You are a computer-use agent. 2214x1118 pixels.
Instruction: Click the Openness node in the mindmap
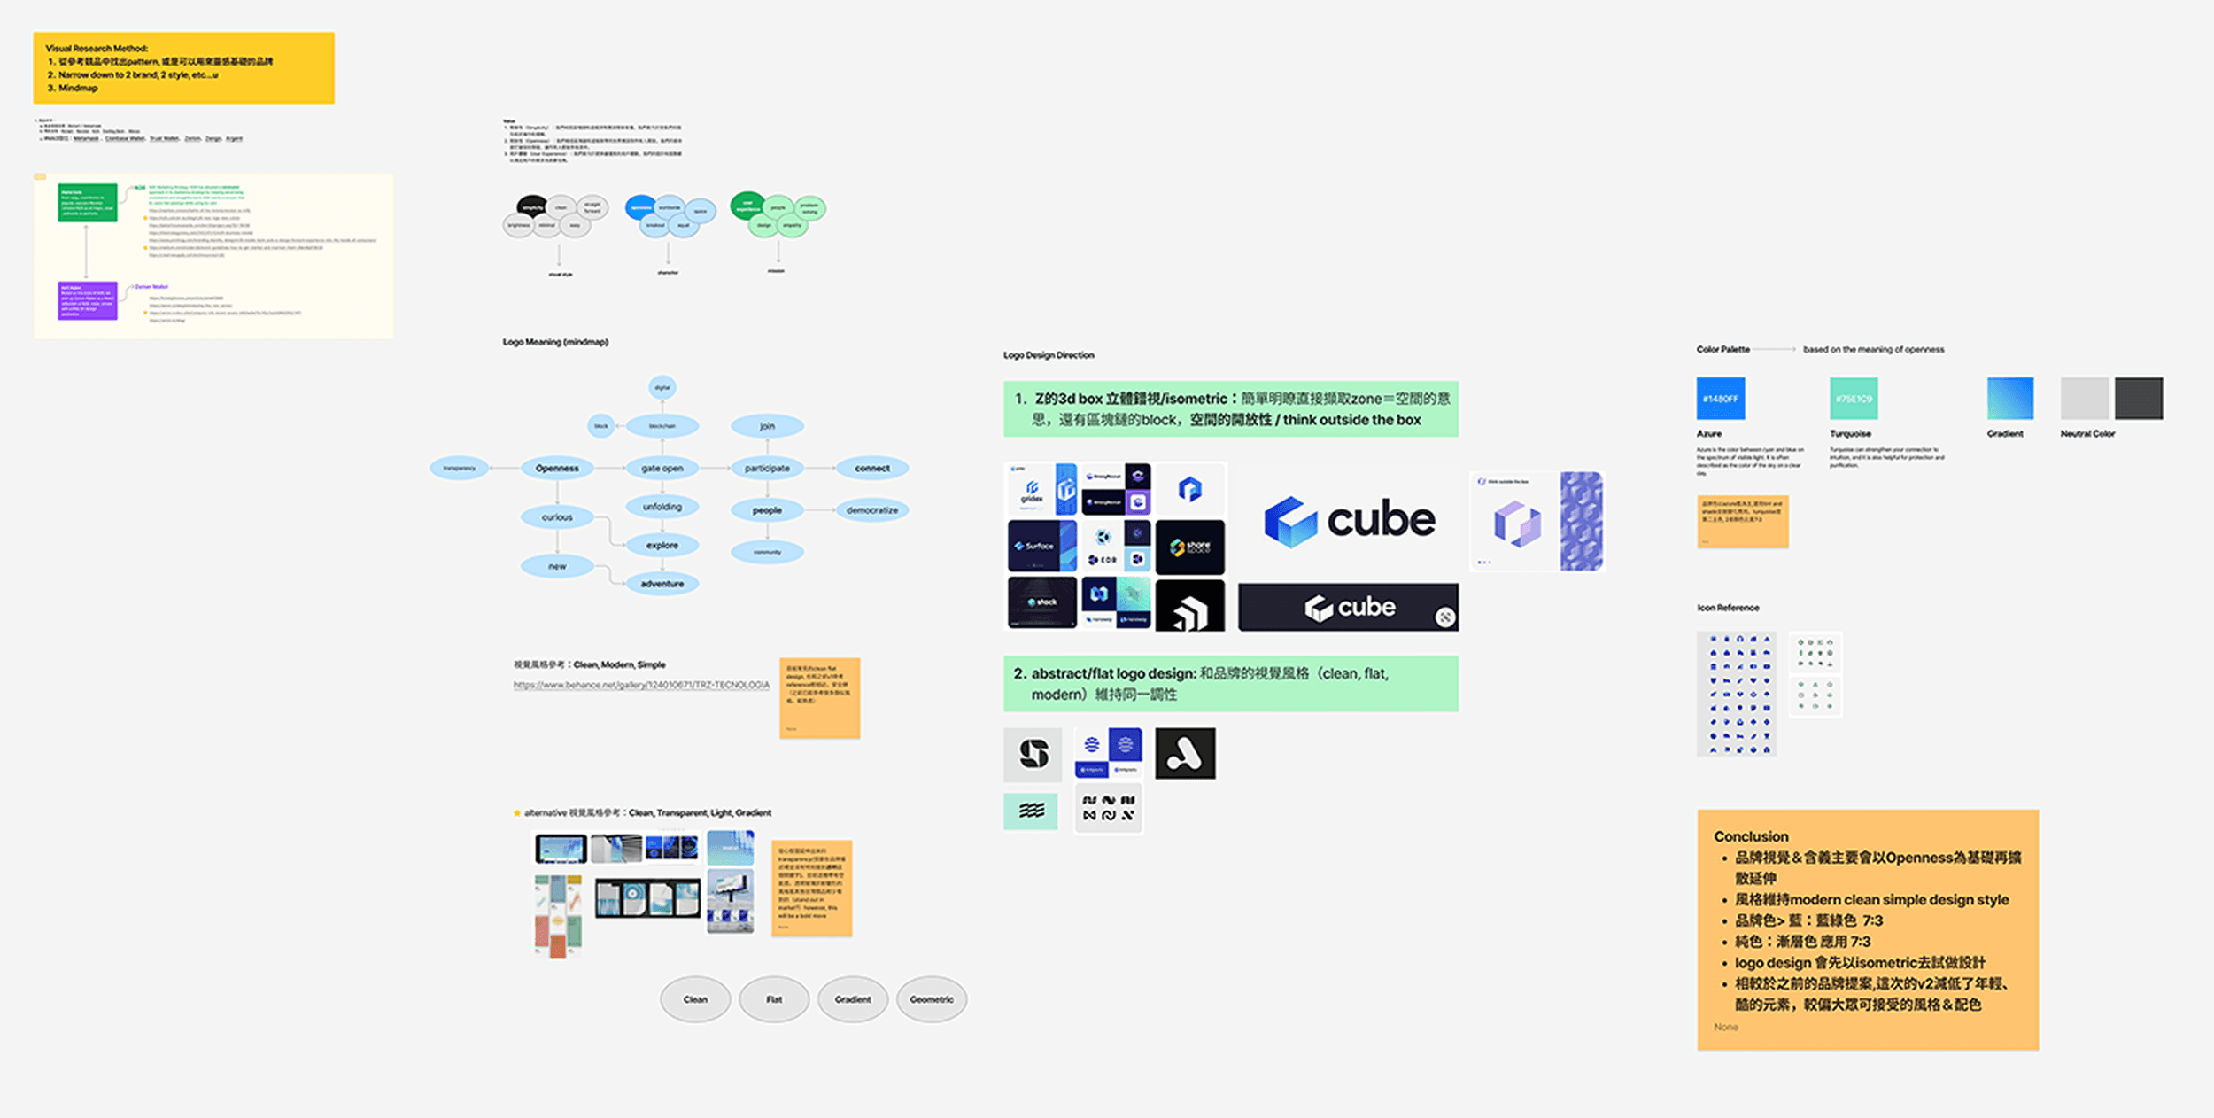click(557, 468)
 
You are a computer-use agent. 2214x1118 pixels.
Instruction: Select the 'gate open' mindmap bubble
click(662, 468)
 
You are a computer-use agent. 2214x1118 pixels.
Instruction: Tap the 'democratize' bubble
click(872, 510)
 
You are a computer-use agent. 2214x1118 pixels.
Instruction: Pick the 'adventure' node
click(662, 584)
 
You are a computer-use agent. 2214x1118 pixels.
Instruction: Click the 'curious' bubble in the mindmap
click(557, 517)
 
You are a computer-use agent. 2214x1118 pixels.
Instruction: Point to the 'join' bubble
click(767, 426)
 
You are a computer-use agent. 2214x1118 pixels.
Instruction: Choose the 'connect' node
click(872, 468)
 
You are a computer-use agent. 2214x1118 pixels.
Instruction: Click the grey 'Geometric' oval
click(932, 999)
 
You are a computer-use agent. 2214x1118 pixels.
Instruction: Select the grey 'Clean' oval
click(695, 999)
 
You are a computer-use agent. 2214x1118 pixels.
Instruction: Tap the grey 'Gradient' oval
click(853, 999)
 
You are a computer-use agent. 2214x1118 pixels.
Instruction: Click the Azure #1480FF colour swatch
click(1720, 399)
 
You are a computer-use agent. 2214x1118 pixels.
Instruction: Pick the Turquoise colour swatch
click(1854, 399)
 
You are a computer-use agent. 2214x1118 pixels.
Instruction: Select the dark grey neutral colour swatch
click(2139, 399)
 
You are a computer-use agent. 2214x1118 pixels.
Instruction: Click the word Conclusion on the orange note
click(1751, 836)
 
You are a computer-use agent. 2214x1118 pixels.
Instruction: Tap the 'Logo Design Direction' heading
click(1049, 355)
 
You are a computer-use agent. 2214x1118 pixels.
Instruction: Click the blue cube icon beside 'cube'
click(1290, 521)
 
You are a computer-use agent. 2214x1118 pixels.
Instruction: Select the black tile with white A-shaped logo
click(1185, 753)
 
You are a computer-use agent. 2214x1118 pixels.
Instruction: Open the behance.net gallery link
click(641, 685)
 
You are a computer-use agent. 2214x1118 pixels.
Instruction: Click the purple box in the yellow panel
click(87, 301)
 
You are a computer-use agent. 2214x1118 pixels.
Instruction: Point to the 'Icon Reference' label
click(1728, 608)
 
